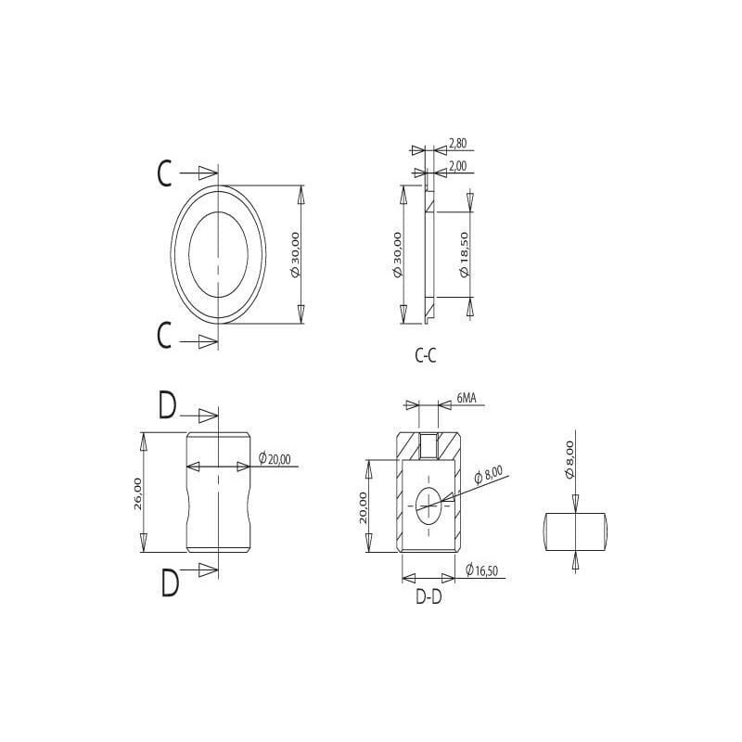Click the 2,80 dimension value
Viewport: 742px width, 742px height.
pos(457,143)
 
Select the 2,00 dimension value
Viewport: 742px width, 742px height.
pos(457,166)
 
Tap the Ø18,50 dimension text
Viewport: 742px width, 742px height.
pos(464,254)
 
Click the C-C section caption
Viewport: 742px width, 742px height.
pos(426,355)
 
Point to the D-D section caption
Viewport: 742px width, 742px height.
pos(429,596)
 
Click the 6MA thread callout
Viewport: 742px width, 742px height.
pos(467,399)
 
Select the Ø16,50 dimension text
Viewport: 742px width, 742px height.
pos(481,570)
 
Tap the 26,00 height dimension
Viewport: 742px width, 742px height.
pos(137,493)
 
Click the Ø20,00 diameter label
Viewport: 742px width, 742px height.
pos(275,458)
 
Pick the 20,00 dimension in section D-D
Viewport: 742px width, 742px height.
pos(363,506)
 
